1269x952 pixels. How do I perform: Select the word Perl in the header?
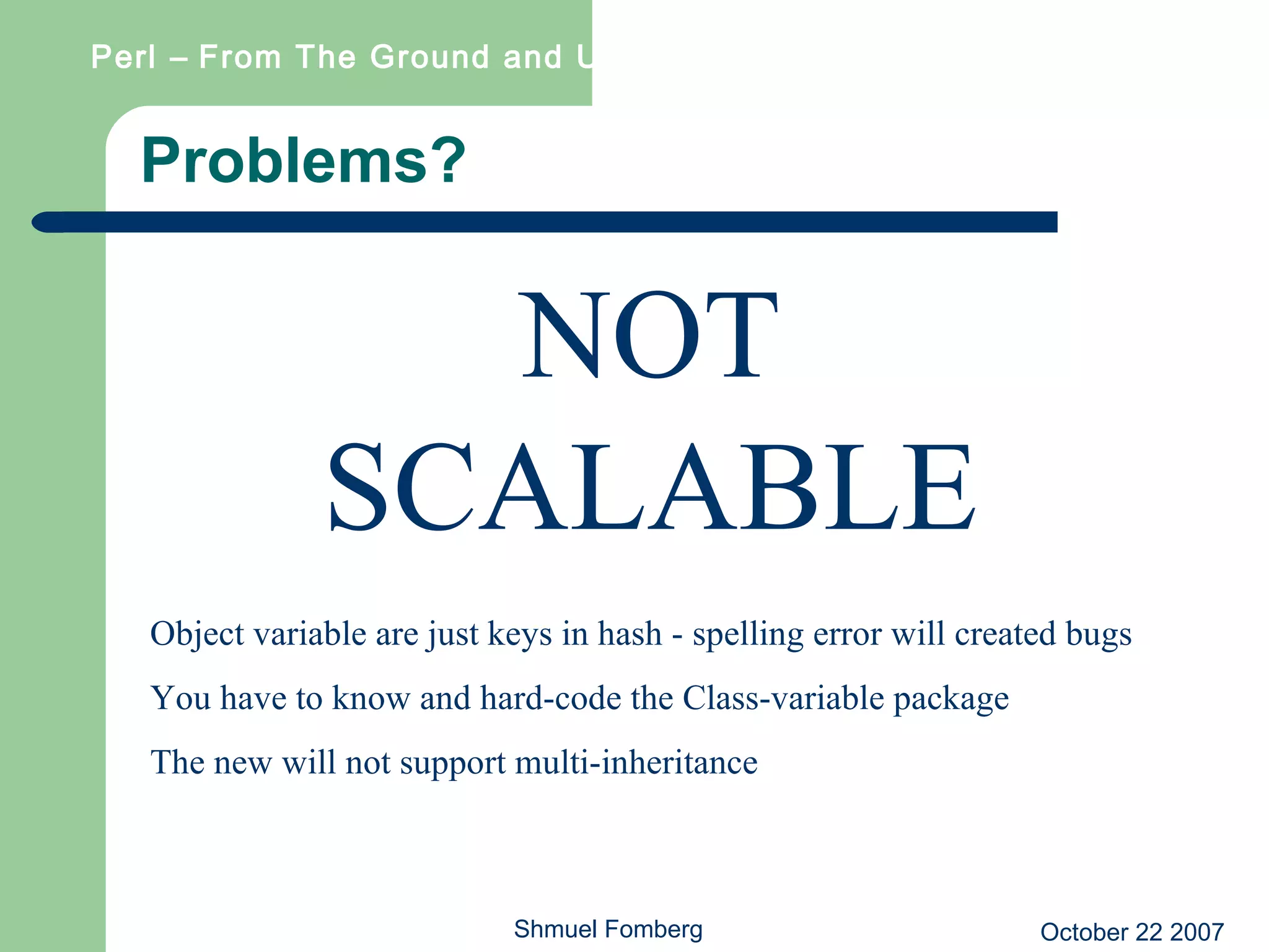pos(123,57)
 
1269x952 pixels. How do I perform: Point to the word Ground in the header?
pos(430,57)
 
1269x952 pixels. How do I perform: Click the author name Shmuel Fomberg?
pos(608,929)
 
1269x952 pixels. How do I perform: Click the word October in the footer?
pos(1084,932)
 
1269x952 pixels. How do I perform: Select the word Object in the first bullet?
pos(197,635)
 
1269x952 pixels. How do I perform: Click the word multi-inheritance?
pos(636,762)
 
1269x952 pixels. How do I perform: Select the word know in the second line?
pos(371,698)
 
